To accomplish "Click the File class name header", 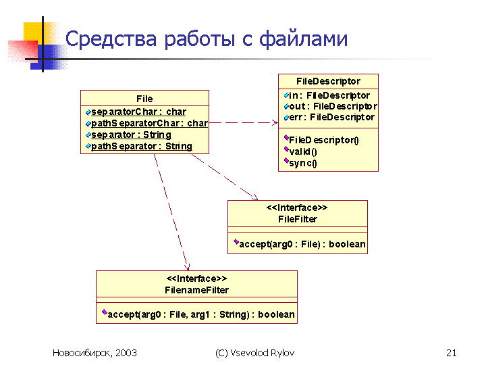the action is tap(144, 99).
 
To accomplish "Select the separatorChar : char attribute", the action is tap(138, 112).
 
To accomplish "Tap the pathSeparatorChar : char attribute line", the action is tap(149, 123).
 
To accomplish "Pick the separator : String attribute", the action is tap(131, 135).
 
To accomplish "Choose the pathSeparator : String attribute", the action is tap(142, 146).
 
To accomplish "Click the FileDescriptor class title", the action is tap(328, 81).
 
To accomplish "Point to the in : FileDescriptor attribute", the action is tap(329, 95).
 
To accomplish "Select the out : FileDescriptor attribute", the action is tap(333, 107).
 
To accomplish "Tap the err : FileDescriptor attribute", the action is tap(331, 118).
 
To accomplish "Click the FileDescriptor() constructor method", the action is tap(324, 141).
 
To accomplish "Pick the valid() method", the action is tap(303, 152).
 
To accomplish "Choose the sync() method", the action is tap(303, 164).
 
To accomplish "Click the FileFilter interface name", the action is tap(298, 220).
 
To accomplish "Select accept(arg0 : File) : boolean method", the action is tap(302, 244).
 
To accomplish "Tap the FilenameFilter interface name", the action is tap(196, 290).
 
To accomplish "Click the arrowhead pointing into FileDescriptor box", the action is tap(275, 122).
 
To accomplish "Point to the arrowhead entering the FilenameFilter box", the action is tap(187, 267).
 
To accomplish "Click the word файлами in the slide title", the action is tap(303, 39).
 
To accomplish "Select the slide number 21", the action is tap(452, 353).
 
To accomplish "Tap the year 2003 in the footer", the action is tap(126, 353).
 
